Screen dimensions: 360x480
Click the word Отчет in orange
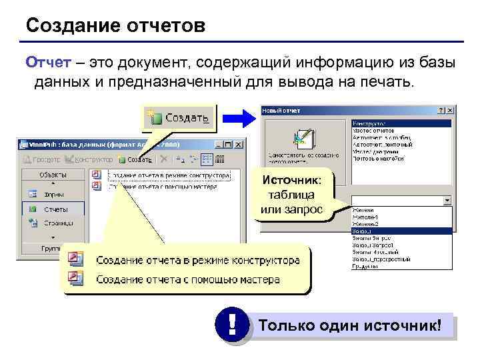point(44,62)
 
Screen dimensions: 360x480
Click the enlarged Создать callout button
point(179,118)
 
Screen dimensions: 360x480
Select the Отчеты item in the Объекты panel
point(55,209)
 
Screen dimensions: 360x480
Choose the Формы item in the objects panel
point(54,195)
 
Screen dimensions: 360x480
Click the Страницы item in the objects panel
point(58,223)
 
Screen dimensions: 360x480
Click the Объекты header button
point(53,174)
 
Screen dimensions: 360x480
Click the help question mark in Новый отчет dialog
point(440,110)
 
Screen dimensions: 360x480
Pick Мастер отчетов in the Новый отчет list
point(374,131)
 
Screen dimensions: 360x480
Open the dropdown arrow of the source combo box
point(447,200)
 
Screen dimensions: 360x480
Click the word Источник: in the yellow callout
point(291,180)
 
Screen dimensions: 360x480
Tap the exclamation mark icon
point(232,326)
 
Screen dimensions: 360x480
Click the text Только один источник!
point(350,326)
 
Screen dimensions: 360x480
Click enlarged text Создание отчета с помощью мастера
point(188,279)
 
